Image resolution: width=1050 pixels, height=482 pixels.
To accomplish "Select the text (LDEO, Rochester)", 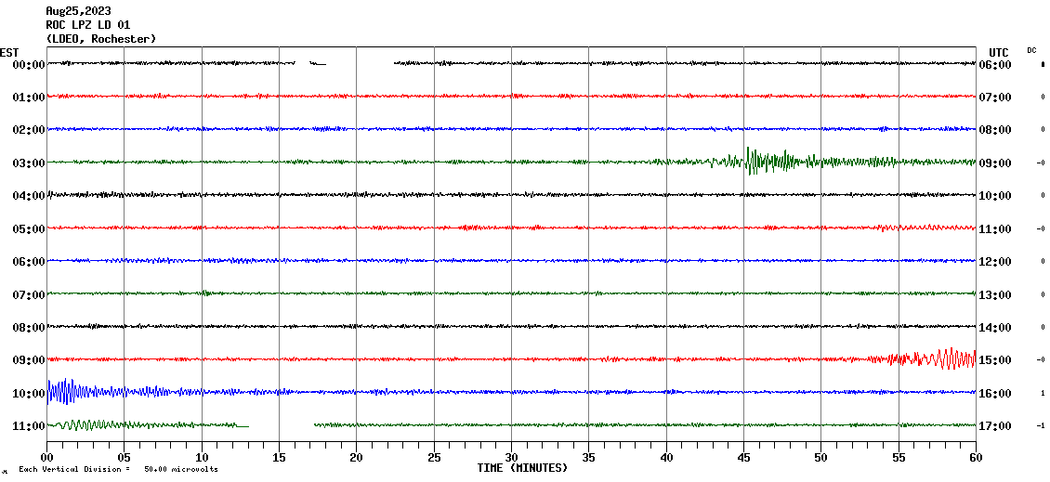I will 100,39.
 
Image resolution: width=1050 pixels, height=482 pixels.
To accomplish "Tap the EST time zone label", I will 10,52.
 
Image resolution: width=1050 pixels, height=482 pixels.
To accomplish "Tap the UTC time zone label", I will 999,52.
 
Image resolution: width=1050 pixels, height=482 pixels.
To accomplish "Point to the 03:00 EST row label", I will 29,163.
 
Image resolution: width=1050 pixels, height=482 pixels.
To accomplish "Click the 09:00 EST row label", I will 29,360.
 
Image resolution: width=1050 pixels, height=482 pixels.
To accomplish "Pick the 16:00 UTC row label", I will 995,394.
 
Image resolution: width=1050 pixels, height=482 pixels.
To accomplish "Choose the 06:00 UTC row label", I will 995,65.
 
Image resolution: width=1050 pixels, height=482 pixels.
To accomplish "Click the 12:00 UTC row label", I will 995,262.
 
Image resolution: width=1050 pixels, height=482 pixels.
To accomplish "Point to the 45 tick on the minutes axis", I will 743,457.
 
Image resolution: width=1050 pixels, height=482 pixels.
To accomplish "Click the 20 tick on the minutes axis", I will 357,457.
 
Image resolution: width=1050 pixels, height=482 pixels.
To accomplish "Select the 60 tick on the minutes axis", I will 976,457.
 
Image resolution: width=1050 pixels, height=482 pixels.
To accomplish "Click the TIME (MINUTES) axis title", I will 522,468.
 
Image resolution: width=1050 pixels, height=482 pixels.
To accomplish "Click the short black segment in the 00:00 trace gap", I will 318,64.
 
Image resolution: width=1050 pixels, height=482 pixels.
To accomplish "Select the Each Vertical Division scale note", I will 117,470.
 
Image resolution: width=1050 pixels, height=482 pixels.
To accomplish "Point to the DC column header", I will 1031,50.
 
